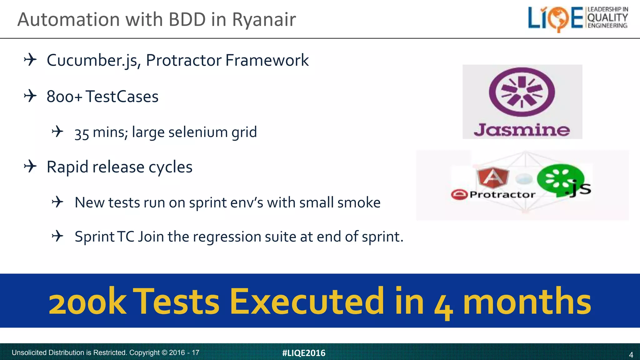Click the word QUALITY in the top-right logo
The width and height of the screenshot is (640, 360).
point(607,17)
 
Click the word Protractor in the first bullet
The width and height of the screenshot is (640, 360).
point(183,60)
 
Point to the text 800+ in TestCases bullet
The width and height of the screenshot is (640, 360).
point(64,97)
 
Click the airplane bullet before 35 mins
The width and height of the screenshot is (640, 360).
point(57,132)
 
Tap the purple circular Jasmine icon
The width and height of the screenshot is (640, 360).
point(522,92)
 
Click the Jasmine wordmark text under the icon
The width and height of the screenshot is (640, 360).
point(522,130)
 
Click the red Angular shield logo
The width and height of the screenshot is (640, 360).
point(493,177)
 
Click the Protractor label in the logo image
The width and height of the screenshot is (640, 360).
point(502,195)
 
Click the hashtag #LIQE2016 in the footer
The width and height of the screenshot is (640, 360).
point(303,353)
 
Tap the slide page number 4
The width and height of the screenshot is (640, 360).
point(631,355)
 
